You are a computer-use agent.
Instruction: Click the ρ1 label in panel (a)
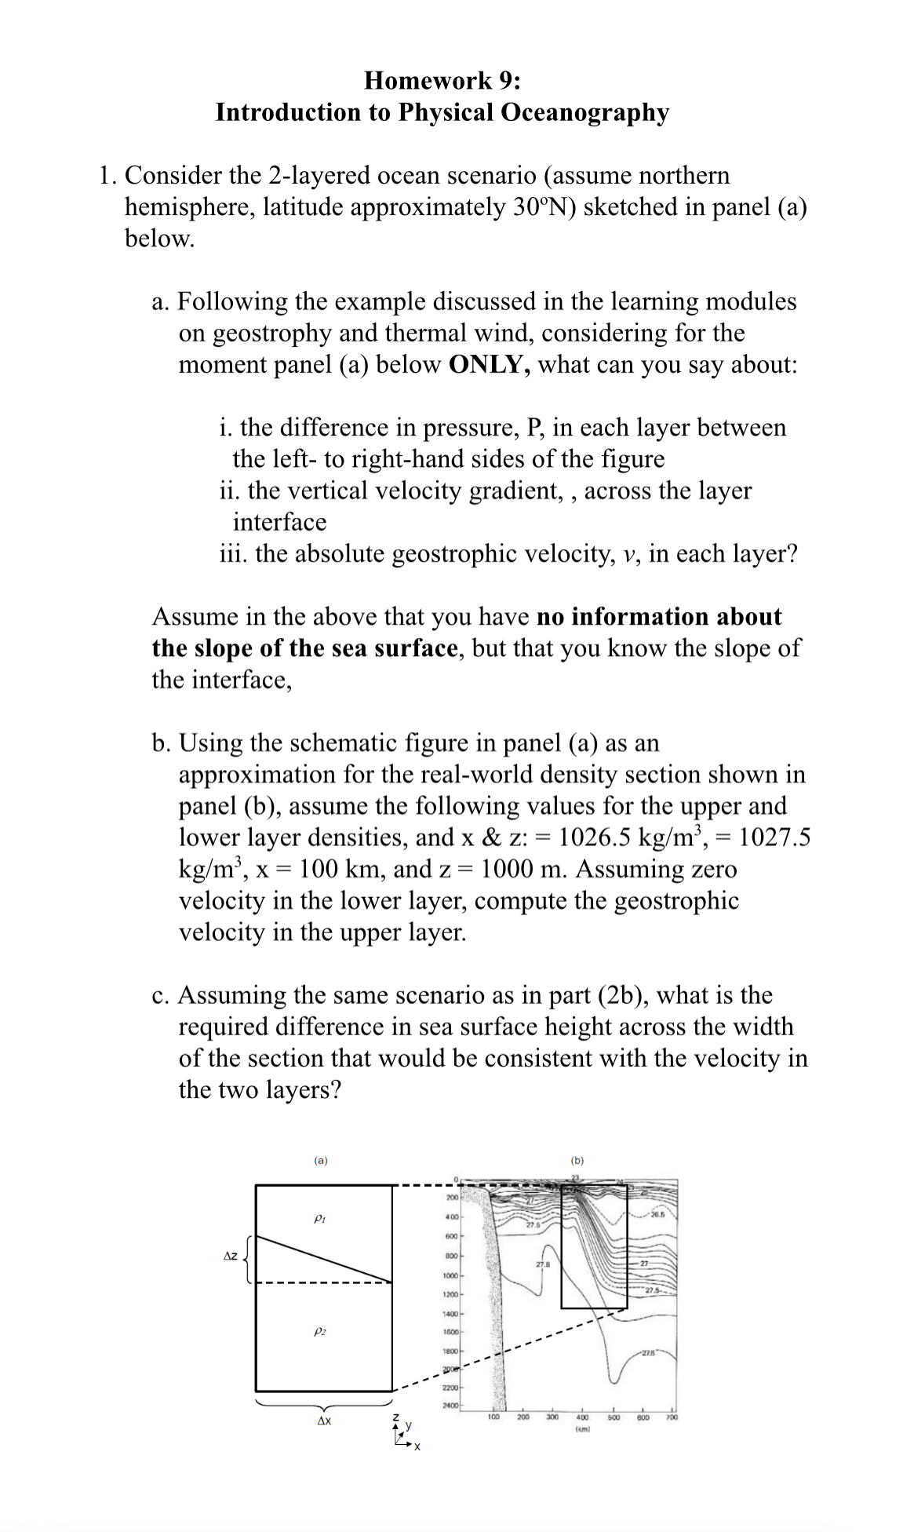319,1220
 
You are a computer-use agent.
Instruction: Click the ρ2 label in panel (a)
319,1331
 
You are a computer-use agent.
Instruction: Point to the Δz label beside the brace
230,1257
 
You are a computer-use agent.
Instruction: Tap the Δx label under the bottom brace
323,1421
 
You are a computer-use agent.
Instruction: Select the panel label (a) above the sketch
320,1160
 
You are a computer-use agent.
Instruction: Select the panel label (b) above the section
577,1160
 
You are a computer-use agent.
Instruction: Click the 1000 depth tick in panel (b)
450,1275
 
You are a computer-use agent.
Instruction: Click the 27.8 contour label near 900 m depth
542,1264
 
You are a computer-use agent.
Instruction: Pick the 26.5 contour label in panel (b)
657,1216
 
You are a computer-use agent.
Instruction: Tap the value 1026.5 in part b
593,837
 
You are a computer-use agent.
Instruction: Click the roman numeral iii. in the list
233,554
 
